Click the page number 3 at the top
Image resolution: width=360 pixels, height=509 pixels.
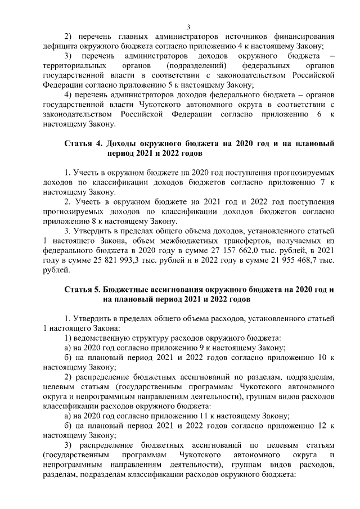click(x=188, y=26)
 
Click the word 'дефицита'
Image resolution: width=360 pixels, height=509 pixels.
click(x=61, y=47)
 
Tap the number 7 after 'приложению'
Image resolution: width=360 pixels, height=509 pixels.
click(x=319, y=182)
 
